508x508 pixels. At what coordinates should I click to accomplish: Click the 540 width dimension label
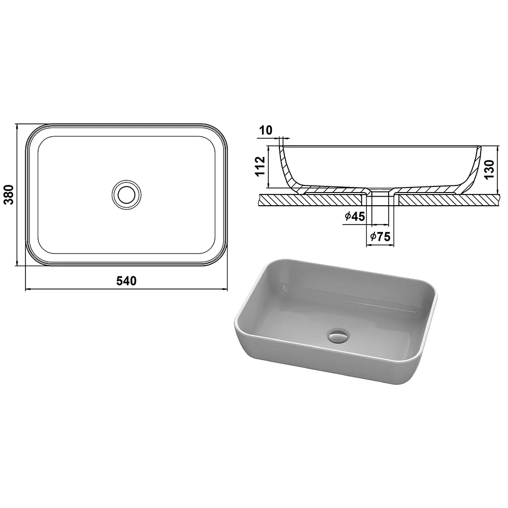coord(126,281)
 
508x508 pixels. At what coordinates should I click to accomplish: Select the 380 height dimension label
coord(9,195)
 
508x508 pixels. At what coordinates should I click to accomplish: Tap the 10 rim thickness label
coord(266,130)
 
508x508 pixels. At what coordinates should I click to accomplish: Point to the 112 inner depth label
coord(261,166)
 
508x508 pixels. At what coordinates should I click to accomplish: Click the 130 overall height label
coord(489,169)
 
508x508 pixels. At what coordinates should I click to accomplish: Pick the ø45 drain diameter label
coord(355,216)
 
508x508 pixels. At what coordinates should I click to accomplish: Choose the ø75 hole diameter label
coord(380,237)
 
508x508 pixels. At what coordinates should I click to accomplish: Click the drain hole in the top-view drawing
coord(126,195)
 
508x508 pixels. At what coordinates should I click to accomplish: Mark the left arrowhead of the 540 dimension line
coord(27,289)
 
